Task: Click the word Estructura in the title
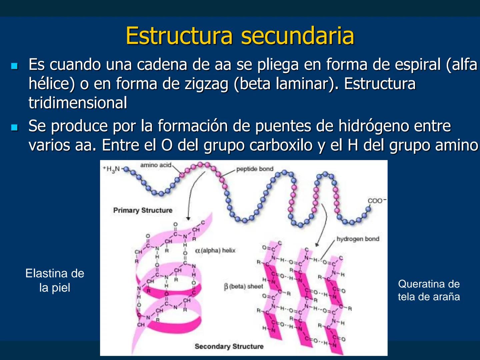coord(179,36)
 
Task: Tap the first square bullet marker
coord(14,66)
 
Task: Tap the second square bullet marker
coord(14,127)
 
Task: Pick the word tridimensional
coord(78,103)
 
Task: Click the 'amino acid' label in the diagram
coord(156,165)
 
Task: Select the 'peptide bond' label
coord(255,169)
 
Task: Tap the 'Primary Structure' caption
coord(143,210)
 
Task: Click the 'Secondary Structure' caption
coord(229,346)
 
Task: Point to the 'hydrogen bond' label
coord(358,239)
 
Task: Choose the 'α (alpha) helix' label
coord(215,250)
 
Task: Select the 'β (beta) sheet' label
coord(244,286)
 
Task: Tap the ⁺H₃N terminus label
coord(112,169)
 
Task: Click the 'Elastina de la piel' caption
coord(55,280)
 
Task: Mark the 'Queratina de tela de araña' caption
coord(429,290)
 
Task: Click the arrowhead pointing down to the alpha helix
coord(188,219)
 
